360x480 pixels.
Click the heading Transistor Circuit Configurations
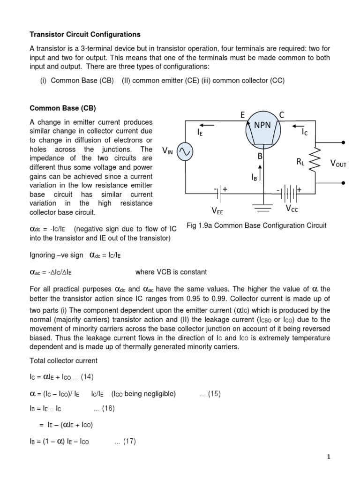85,35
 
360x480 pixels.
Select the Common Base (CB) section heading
62,108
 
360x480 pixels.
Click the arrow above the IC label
300,125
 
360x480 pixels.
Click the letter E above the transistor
242,115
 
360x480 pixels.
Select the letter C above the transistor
282,115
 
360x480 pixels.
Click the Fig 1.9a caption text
256,226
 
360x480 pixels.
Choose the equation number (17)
129,442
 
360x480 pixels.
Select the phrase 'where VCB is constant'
171,272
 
